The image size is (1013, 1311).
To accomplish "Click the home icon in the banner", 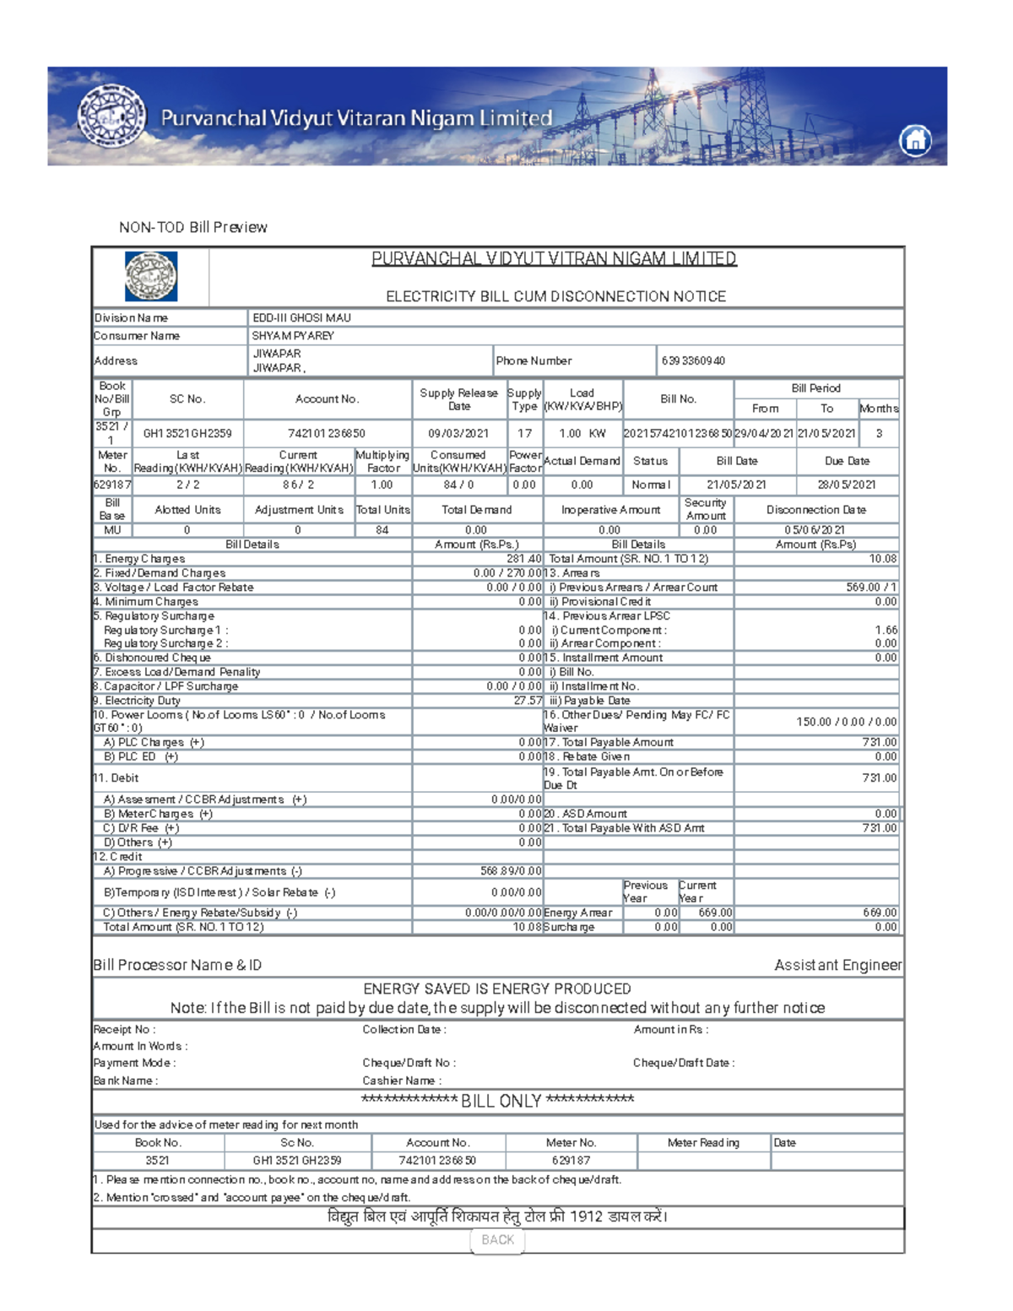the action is click(x=915, y=139).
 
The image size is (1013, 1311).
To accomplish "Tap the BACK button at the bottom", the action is click(x=497, y=1239).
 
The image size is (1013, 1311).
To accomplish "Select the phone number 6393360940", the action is click(x=693, y=361).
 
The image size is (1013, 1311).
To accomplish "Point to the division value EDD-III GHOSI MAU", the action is click(x=301, y=318).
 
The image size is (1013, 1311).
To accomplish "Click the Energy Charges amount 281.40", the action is click(x=524, y=559).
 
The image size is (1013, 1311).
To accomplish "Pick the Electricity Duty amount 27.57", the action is click(x=528, y=701).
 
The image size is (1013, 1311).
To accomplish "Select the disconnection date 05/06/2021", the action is click(x=814, y=530).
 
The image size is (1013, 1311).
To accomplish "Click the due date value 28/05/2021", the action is click(x=846, y=485).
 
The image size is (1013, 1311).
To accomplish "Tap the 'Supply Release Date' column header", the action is click(x=458, y=399).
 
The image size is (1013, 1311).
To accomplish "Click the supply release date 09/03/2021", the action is click(x=458, y=433).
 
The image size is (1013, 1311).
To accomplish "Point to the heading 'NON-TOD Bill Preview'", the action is click(x=192, y=227).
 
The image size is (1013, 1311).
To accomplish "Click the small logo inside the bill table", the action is click(x=151, y=276).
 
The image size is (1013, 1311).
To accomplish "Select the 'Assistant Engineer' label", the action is click(x=837, y=965).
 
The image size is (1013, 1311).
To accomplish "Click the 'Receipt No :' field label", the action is click(x=124, y=1029).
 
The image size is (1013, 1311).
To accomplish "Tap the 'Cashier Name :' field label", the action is click(x=401, y=1081).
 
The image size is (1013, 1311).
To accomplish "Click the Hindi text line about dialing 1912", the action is click(x=497, y=1216).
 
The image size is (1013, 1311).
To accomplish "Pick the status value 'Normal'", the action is click(x=651, y=485).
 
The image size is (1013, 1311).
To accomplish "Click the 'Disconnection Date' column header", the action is click(x=815, y=510).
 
